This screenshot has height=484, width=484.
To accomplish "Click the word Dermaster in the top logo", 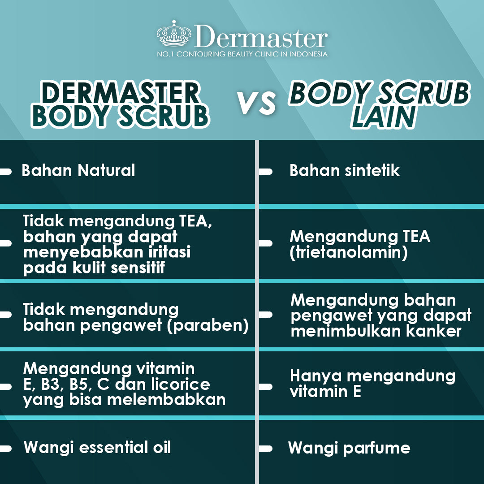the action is click(x=261, y=37).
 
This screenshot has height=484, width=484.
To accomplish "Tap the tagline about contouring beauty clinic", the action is click(x=242, y=54).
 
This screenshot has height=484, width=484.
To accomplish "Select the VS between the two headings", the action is click(x=256, y=103).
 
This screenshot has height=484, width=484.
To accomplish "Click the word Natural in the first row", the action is click(x=107, y=170).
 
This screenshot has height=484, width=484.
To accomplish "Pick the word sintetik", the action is click(x=372, y=170).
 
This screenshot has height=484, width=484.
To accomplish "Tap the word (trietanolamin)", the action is click(x=349, y=252).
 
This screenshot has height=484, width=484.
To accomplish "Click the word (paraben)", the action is click(x=208, y=325).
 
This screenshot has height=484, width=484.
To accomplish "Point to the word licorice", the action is click(x=181, y=384).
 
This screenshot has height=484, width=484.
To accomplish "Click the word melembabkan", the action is click(x=166, y=399).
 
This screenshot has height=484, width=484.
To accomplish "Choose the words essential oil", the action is click(x=125, y=447).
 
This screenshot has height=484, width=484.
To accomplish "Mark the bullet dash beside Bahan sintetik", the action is click(x=265, y=172).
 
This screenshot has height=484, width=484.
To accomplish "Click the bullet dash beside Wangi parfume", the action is click(x=265, y=449).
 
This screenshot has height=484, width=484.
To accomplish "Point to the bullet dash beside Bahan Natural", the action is click(x=5, y=172).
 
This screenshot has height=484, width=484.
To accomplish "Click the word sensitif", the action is click(x=138, y=267).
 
